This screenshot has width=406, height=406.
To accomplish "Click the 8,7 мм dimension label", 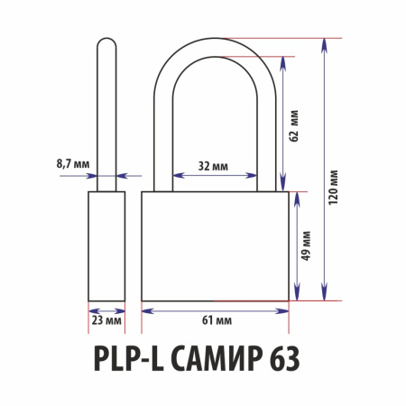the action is click(73, 164).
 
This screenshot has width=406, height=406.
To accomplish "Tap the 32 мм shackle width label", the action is click(213, 166).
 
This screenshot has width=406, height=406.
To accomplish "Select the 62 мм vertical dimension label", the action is click(294, 125).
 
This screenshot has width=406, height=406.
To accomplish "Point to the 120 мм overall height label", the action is click(333, 188).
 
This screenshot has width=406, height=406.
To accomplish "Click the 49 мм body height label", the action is click(306, 245).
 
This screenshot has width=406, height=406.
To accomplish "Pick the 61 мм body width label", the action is click(217, 320).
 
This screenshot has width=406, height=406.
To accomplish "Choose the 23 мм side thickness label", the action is click(106, 320).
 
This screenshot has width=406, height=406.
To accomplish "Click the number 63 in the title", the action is click(284, 359).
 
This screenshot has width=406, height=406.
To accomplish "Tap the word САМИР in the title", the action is click(216, 359).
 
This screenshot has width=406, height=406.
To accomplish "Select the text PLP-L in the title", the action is click(129, 359).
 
